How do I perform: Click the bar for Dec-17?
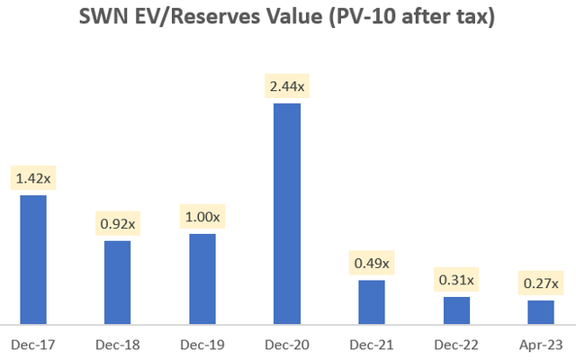point(33,259)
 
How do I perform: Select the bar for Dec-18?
point(117,282)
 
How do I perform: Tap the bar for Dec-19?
point(202,278)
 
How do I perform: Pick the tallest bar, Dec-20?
point(287,213)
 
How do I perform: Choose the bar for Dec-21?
point(372,301)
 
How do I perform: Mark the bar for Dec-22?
point(456,310)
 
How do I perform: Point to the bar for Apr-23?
point(540,311)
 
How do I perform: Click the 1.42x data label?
point(33,179)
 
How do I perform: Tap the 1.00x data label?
point(202,218)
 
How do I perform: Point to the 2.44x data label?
point(287,87)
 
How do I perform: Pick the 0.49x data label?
point(372,264)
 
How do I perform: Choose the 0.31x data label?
point(456,280)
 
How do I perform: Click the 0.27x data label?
point(540,283)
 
